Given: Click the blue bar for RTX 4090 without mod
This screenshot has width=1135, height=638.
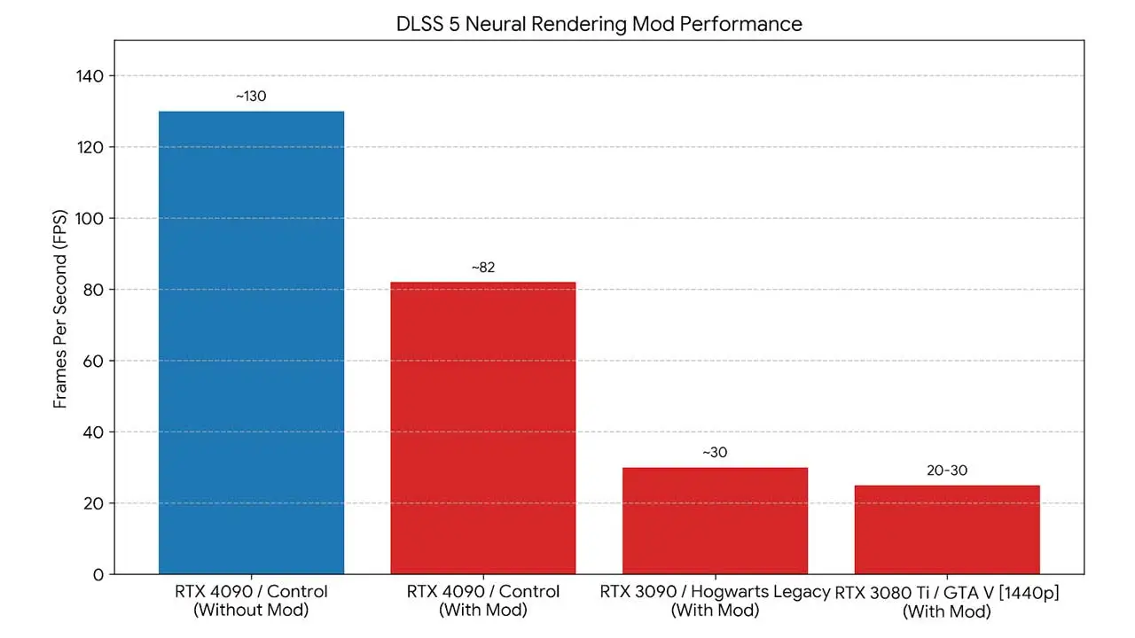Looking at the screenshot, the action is coord(251,342).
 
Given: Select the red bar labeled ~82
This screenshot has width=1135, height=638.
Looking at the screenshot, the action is coord(483,428).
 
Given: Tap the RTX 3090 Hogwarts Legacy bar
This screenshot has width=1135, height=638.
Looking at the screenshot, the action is coord(715,520).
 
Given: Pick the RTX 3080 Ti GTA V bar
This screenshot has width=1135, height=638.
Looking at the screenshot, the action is coord(947,530).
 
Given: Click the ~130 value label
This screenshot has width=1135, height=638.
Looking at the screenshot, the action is coord(251,97).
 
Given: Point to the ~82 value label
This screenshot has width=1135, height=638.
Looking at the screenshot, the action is coord(483,268).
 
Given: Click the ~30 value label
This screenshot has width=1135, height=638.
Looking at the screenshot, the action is coord(715,452).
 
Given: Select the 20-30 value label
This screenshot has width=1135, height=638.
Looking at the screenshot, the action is coord(947,471).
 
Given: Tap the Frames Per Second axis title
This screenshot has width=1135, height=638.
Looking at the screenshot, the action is coord(59,309).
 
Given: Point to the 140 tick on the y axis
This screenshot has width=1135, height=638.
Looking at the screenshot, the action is coord(90,76).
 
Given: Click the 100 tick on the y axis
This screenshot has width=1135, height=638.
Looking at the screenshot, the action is coord(90,219).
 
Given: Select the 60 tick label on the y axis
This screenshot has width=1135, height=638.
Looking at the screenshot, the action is coord(93,361).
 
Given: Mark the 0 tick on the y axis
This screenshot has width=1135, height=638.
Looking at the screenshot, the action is coord(98,575).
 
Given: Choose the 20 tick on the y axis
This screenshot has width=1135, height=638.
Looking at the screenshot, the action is coord(93,504).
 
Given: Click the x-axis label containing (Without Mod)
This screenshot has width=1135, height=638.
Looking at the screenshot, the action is coord(251,601).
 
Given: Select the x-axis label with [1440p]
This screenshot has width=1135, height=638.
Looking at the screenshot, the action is coord(947,602).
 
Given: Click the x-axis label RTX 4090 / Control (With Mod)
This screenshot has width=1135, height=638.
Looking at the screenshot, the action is coord(483,601).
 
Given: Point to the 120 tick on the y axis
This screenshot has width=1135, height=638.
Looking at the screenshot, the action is coord(90,147).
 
